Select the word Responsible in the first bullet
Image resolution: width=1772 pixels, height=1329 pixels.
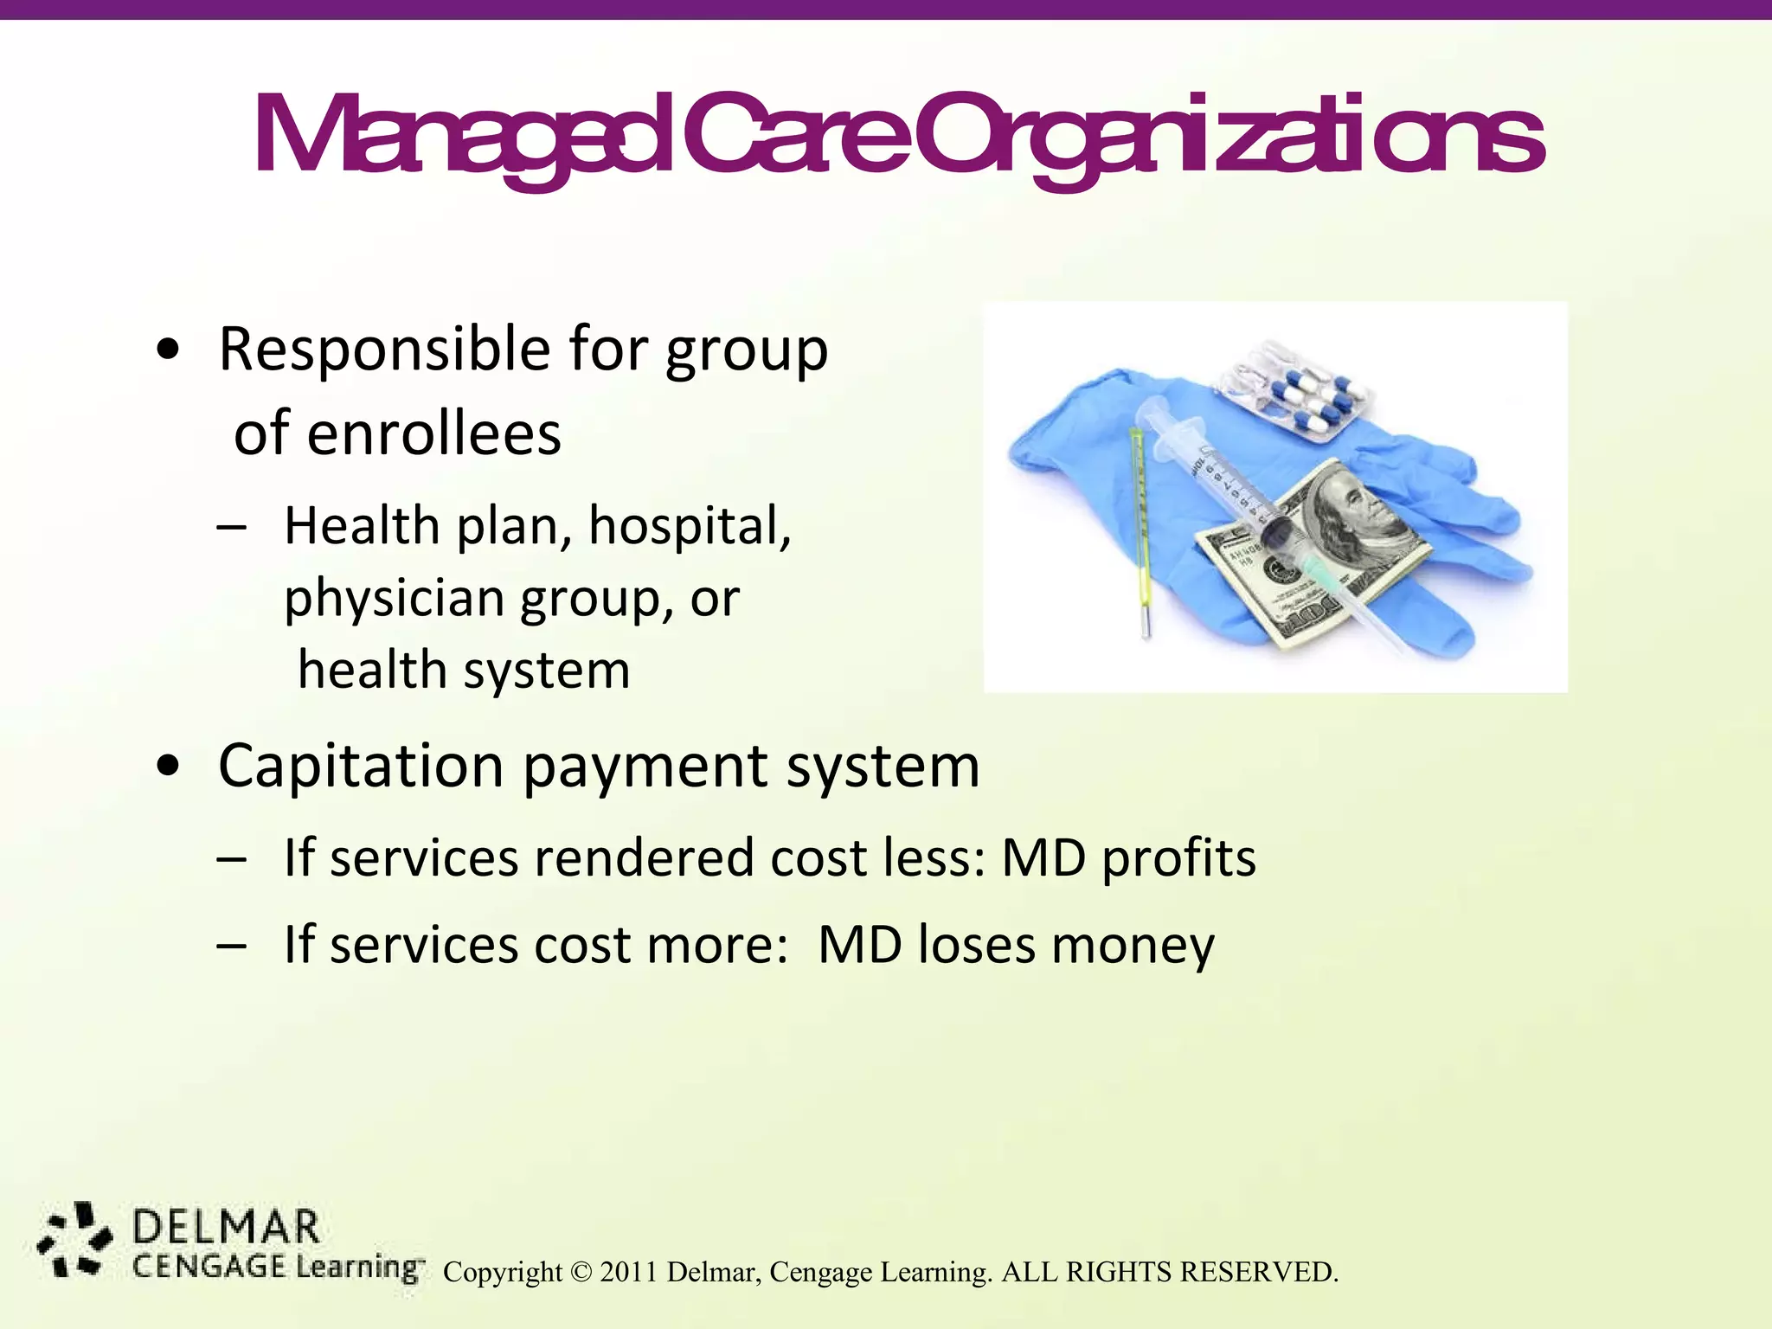coord(384,350)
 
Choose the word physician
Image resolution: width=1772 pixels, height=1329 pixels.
coord(394,599)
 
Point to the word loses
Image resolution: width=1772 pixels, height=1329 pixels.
coord(976,945)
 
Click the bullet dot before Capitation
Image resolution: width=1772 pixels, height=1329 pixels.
coord(169,767)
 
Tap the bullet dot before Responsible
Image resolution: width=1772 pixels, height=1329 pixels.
coord(169,350)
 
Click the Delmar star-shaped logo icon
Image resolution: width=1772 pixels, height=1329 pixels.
coord(75,1239)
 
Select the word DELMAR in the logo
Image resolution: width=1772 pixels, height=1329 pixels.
coord(227,1229)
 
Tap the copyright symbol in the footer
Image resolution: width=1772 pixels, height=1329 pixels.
coord(581,1273)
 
